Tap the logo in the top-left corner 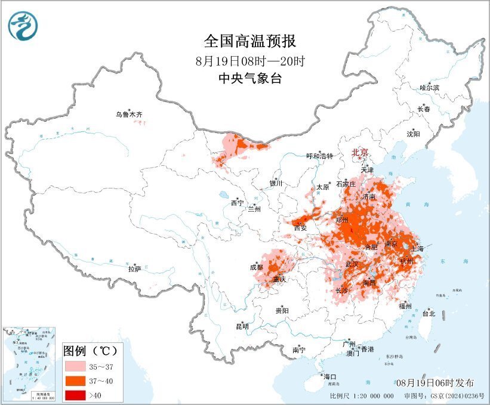[x=23, y=26]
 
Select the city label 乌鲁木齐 [x=130, y=114]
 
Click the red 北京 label [x=359, y=152]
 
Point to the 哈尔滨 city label [x=429, y=88]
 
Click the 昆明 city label [x=242, y=326]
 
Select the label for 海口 [x=330, y=376]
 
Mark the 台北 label [x=429, y=313]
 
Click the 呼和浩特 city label [x=319, y=156]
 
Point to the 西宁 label [x=237, y=203]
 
